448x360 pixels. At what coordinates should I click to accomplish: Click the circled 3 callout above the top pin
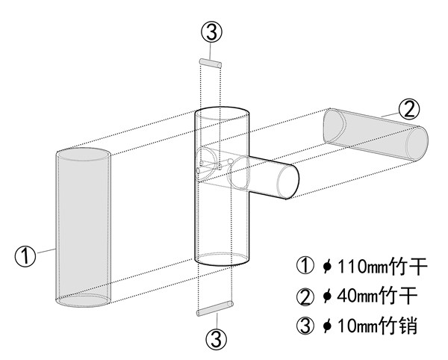pos(212,32)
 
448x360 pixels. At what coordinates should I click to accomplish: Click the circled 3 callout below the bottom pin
pos(217,339)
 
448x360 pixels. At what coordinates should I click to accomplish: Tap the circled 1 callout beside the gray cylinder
pos(25,256)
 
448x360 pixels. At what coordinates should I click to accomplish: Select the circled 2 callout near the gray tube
pos(409,110)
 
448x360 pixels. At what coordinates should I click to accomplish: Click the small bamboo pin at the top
pos(211,63)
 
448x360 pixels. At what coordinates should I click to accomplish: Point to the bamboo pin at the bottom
pos(215,309)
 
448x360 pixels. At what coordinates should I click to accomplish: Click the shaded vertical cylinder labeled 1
pos(83,228)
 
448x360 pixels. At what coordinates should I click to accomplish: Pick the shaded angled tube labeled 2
pos(376,134)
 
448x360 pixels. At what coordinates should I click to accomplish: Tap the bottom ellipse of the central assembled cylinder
pos(222,259)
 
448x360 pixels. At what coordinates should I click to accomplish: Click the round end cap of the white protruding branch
pos(288,181)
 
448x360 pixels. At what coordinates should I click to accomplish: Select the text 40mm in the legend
pos(357,296)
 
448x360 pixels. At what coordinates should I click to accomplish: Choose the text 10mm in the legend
pos(358,326)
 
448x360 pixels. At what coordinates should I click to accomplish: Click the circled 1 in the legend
pos(305,266)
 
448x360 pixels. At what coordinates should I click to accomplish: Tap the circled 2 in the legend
pos(305,297)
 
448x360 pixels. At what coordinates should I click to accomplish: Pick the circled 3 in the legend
pos(305,326)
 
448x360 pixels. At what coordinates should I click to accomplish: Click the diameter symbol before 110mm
pos(327,267)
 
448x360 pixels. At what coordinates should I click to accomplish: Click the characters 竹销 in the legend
pos(398,326)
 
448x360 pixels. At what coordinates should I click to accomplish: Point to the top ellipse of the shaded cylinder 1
pos(83,155)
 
